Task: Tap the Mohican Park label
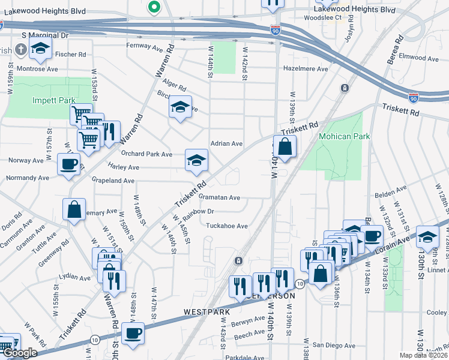point(345,136)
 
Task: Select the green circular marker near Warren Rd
point(154,8)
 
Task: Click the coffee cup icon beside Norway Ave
point(68,163)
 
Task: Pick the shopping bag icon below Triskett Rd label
point(285,146)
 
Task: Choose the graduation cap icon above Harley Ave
point(196,160)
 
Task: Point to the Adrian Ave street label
point(226,144)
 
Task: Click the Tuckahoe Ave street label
point(227,226)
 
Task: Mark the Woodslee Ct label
point(322,18)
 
